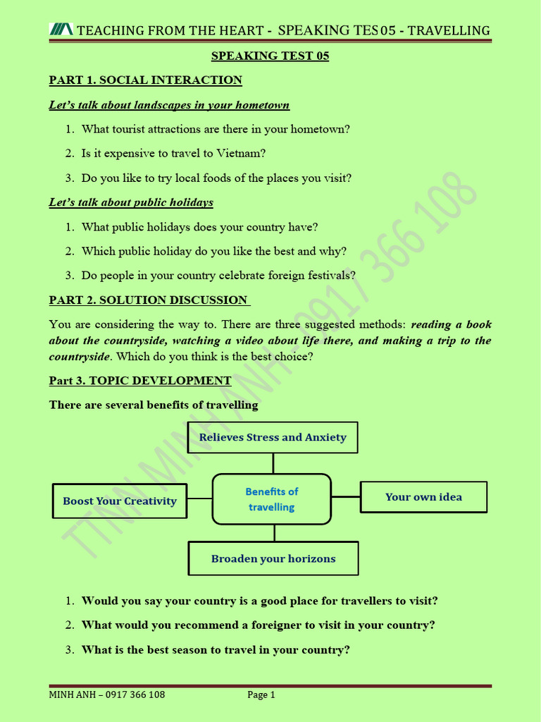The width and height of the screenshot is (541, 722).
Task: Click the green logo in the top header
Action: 61,30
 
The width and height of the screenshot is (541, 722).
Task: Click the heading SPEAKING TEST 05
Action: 270,56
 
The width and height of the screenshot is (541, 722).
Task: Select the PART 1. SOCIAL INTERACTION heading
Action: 145,80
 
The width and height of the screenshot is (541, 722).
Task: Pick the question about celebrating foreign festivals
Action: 218,275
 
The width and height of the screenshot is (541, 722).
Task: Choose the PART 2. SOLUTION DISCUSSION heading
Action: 149,300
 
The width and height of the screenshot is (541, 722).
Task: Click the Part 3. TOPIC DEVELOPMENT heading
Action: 139,380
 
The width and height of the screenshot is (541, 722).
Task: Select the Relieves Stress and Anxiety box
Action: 273,437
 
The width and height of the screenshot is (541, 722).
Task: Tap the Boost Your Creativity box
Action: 120,501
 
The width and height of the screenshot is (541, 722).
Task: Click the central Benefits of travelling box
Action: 271,498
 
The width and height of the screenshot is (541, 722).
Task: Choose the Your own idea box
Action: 423,496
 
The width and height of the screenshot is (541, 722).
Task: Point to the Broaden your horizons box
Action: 273,558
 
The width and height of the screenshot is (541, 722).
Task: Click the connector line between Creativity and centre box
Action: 199,498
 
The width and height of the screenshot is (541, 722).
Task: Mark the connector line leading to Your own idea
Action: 345,496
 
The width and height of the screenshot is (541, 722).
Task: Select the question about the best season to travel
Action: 216,649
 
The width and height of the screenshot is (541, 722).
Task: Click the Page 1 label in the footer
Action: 261,695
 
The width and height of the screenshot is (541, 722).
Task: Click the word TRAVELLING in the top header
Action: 449,30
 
